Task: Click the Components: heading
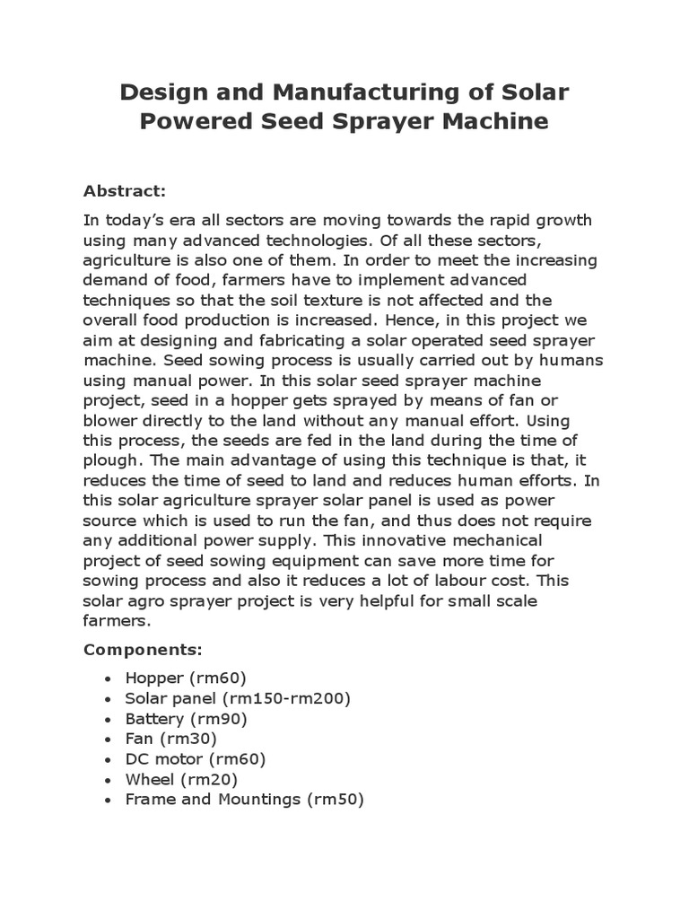pyautogui.click(x=143, y=648)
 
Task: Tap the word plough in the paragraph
pyautogui.click(x=110, y=459)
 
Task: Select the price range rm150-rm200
pyautogui.click(x=290, y=698)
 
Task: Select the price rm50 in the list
pyautogui.click(x=336, y=799)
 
